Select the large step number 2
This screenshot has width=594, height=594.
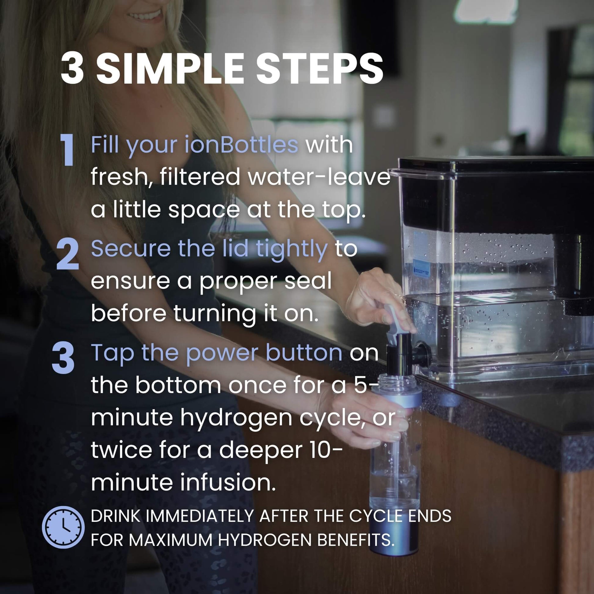pos(68,255)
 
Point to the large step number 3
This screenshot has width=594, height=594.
pos(63,358)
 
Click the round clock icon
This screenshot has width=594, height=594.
pos(63,527)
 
